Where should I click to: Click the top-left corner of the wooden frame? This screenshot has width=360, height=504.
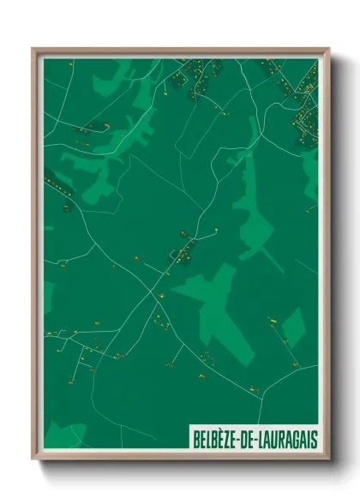coord(33,49)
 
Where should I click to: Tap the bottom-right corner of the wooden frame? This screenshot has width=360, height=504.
coord(328,459)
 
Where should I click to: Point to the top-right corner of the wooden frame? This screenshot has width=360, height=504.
coord(328,49)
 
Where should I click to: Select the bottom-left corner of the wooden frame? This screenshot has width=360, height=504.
coord(33,459)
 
